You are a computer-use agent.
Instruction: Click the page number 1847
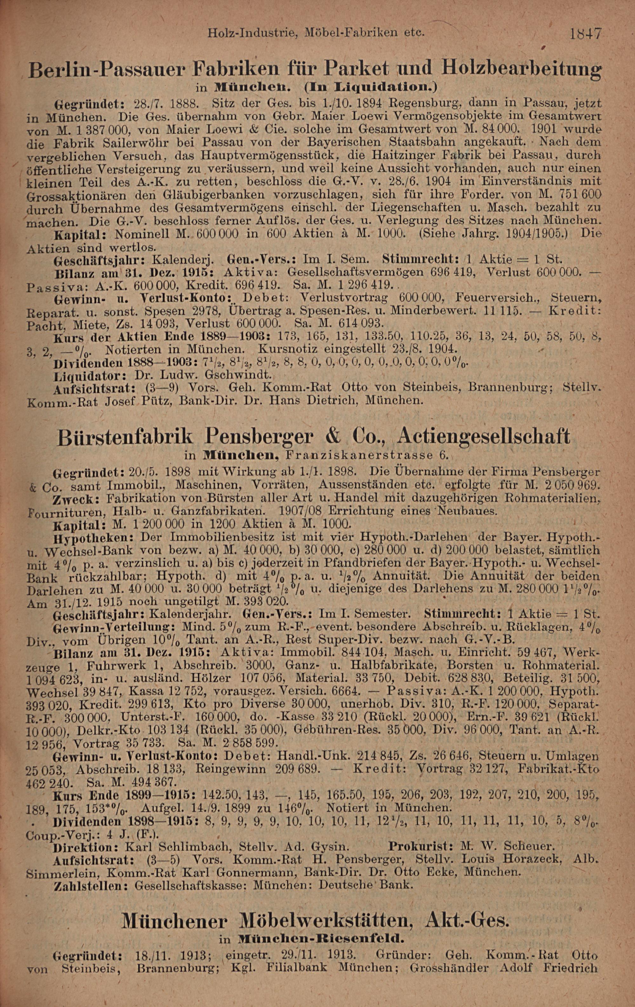tap(585, 33)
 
